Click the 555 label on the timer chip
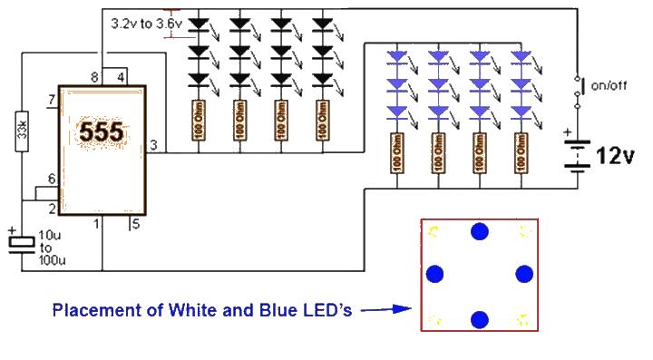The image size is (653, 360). click(x=101, y=132)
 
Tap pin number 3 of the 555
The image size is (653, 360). click(x=153, y=145)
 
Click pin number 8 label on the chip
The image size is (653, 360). click(x=94, y=79)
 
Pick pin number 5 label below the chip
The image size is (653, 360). click(x=135, y=223)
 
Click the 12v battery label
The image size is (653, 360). click(x=614, y=156)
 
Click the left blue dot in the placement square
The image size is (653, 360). click(x=435, y=274)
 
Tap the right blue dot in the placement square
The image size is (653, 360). click(x=522, y=274)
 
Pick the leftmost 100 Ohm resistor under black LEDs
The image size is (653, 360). click(x=197, y=121)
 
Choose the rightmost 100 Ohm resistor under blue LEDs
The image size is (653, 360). click(x=521, y=153)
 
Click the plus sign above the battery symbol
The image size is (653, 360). click(x=568, y=132)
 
